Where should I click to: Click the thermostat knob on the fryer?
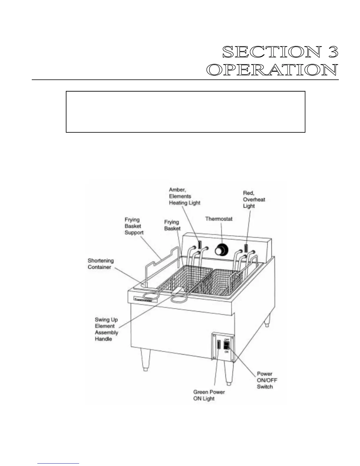[x=221, y=250]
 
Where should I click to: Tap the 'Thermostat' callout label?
[x=219, y=219]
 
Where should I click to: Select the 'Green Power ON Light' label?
[x=209, y=395]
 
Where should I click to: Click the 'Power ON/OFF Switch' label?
[x=267, y=380]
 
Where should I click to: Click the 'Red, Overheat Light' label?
[x=254, y=199]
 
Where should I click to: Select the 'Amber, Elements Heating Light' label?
[x=184, y=196]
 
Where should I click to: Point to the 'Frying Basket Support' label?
[x=134, y=226]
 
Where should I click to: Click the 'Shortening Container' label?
[x=101, y=264]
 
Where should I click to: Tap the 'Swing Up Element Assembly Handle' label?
[x=106, y=329]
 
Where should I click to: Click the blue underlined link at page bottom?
[x=58, y=464]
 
